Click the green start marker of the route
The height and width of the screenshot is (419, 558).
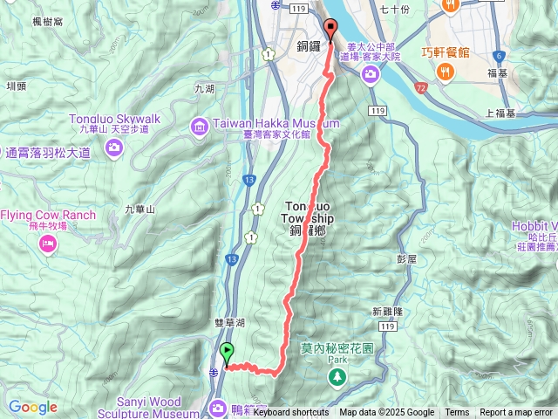click(228, 354)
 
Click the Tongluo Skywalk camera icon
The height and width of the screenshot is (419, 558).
click(114, 149)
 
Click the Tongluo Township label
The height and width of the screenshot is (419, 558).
click(305, 213)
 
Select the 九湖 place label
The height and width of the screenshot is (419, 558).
click(205, 89)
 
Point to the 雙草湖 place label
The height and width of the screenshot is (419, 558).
click(232, 323)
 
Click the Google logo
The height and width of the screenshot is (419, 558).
click(32, 408)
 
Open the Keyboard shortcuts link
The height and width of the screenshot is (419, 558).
click(291, 413)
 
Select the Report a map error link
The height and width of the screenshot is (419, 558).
click(516, 413)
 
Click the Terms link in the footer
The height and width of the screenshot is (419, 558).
click(457, 413)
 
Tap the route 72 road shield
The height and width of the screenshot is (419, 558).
click(421, 90)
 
